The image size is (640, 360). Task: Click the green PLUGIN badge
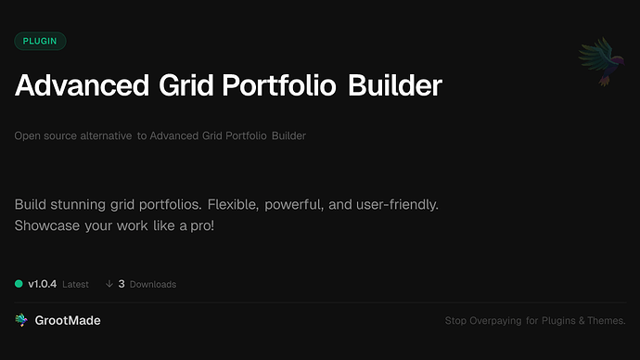(41, 41)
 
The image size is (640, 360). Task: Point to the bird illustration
(596, 63)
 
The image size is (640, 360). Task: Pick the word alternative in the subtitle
(109, 136)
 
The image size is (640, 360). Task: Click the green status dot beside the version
(19, 284)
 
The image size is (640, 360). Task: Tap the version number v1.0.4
(44, 284)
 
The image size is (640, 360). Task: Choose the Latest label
(75, 284)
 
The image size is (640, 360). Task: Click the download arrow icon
(109, 284)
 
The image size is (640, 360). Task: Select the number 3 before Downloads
(122, 284)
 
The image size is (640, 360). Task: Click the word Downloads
(153, 284)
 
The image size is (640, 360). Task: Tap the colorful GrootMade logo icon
(21, 320)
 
